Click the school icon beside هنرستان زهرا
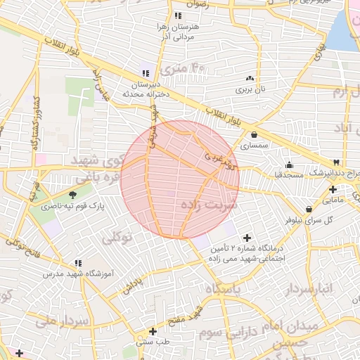(178, 15)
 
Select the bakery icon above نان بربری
(250, 78)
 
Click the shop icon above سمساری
(253, 135)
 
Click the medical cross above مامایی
(333, 189)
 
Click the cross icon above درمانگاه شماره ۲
(246, 238)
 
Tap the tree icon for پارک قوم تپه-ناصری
(74, 194)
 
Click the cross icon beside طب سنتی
(153, 330)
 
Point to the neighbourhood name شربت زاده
(211, 205)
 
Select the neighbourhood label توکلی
(118, 238)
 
